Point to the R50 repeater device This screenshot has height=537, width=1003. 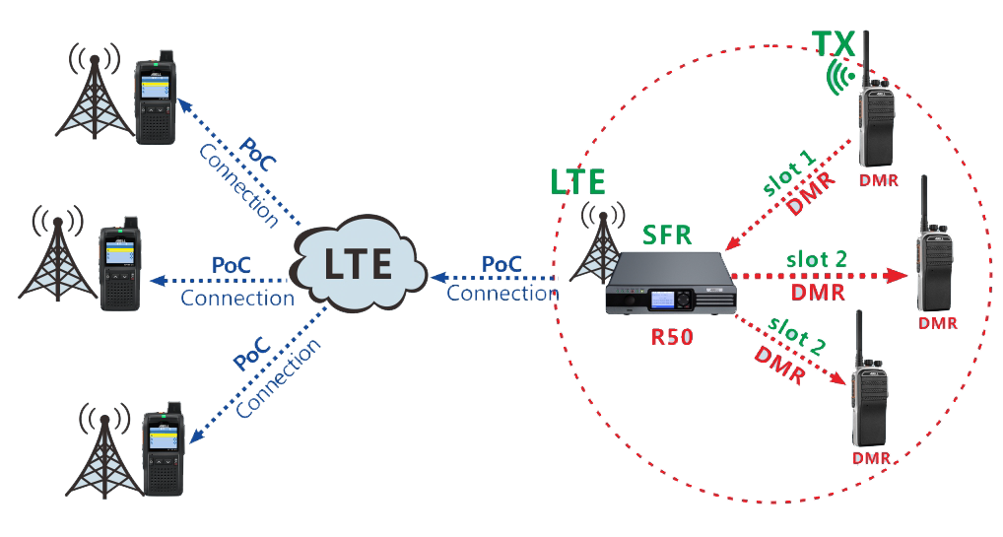pyautogui.click(x=672, y=286)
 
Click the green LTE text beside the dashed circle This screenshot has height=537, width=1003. pyautogui.click(x=577, y=181)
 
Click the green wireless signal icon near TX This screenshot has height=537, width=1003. pyautogui.click(x=839, y=77)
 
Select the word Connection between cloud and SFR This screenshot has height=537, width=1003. pyautogui.click(x=502, y=293)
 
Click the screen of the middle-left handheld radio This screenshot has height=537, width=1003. pyautogui.click(x=117, y=253)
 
